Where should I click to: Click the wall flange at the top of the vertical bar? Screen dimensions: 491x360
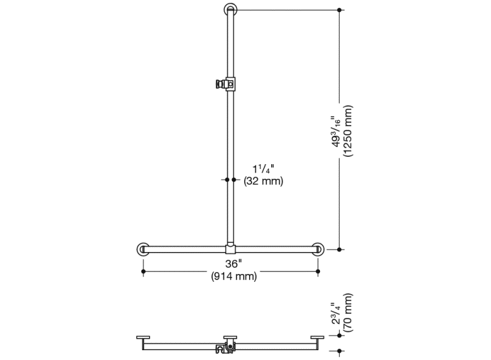(230, 5)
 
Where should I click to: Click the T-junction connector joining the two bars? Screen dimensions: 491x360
(230, 250)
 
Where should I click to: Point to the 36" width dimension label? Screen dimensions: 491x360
(234, 264)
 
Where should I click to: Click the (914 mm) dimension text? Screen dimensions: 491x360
(234, 276)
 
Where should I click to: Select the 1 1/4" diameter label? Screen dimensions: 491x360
(263, 169)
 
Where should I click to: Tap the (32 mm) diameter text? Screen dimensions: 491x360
(263, 181)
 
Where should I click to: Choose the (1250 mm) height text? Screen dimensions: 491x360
(348, 131)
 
